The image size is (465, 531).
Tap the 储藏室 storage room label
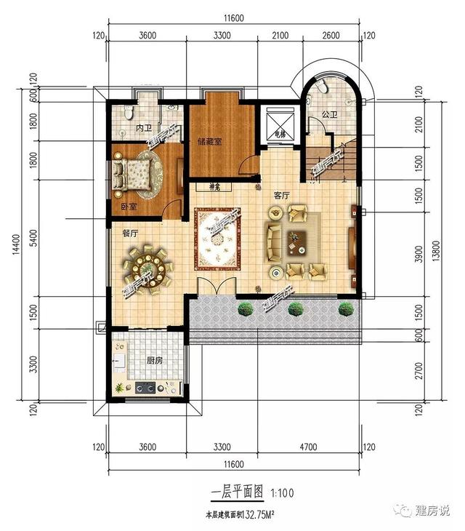point(209,142)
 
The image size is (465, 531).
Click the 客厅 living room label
point(282,196)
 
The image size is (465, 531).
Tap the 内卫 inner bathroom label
point(143,128)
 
